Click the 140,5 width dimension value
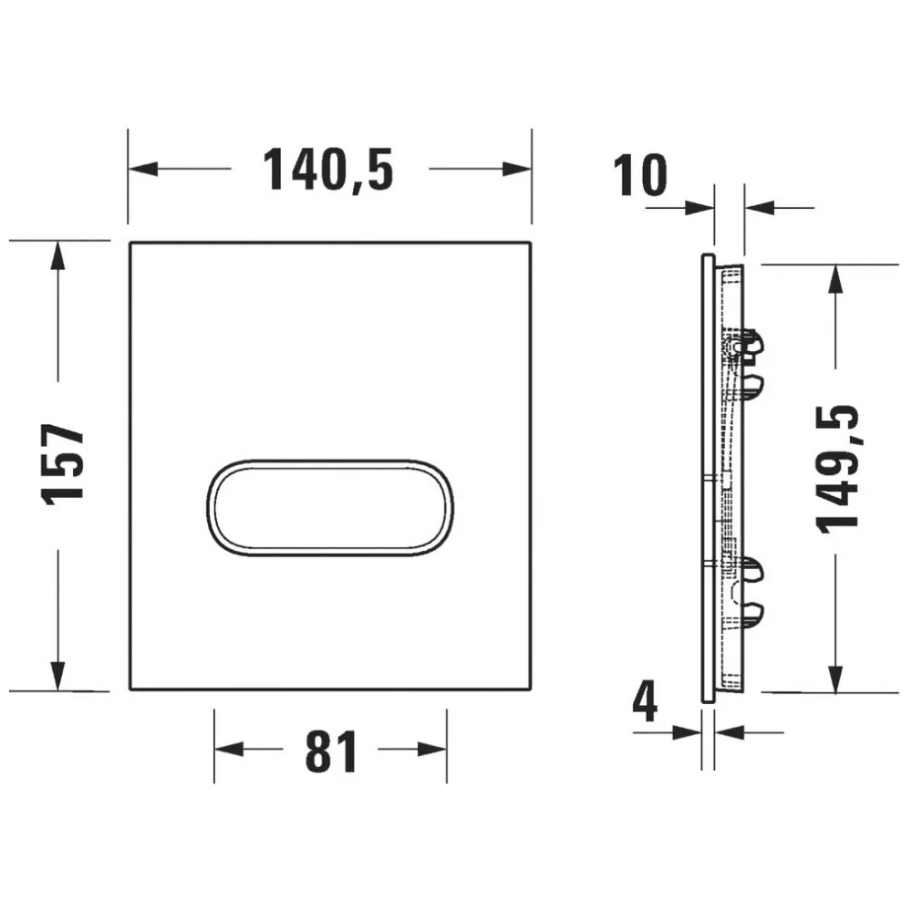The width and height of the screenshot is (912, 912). tap(328, 169)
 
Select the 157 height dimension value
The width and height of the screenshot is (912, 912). tap(64, 463)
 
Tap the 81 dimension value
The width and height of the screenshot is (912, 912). tap(330, 751)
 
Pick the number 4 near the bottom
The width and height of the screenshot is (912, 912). tap(645, 703)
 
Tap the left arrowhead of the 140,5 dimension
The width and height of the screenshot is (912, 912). tap(141, 169)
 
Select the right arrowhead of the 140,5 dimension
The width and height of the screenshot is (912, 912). tap(518, 169)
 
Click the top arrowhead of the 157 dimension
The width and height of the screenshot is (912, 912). tap(57, 255)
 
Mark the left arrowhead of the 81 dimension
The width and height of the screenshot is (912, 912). tap(228, 749)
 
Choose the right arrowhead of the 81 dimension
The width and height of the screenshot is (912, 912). tap(433, 749)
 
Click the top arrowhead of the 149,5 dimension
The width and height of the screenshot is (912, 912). tap(834, 278)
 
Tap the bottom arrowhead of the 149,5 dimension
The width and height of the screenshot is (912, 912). tap(834, 678)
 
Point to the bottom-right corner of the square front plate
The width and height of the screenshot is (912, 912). tap(531, 689)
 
